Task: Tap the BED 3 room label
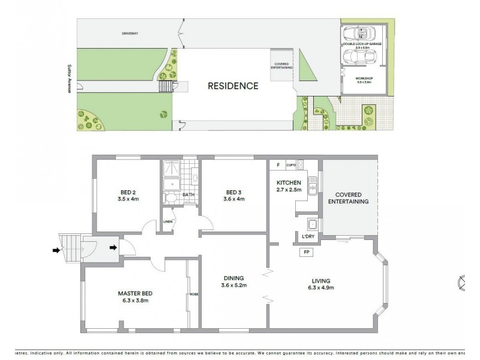click(x=232, y=192)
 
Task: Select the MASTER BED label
click(x=135, y=293)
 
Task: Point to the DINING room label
click(x=233, y=278)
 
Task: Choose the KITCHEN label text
click(x=287, y=182)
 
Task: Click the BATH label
click(x=188, y=194)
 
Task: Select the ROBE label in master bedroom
click(x=194, y=294)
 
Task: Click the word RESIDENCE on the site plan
click(x=233, y=86)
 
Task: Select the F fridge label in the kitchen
click(x=278, y=164)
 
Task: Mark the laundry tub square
click(x=312, y=225)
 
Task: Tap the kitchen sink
click(x=312, y=187)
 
